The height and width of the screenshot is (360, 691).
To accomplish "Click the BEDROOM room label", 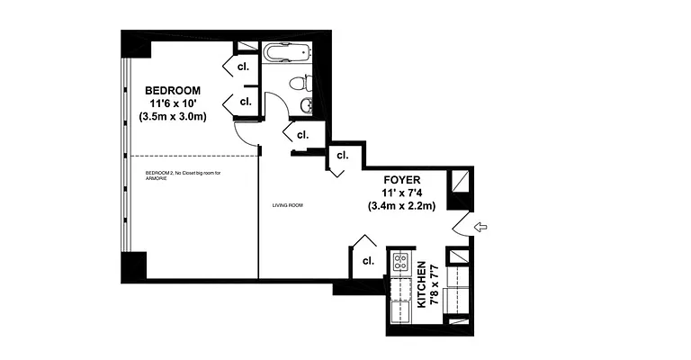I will click(173, 90).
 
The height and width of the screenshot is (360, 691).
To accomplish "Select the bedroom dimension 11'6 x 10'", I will click(173, 103).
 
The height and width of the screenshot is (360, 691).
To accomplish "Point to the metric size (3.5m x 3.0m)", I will click(173, 117).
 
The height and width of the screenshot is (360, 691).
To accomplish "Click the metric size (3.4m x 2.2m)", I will click(401, 206).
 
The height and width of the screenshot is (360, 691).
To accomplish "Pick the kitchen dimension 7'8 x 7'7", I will click(434, 285).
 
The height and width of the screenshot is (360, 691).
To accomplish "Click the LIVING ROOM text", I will click(288, 206).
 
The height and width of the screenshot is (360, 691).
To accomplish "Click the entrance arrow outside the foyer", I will click(482, 227).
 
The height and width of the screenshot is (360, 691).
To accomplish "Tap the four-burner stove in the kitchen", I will click(399, 263).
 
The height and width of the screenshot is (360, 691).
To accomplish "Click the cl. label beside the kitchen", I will click(368, 261).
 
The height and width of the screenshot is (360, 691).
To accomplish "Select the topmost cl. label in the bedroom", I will click(243, 66).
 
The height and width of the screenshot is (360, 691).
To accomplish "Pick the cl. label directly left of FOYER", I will click(342, 155).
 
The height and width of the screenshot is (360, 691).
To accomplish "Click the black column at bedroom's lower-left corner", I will click(133, 265).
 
